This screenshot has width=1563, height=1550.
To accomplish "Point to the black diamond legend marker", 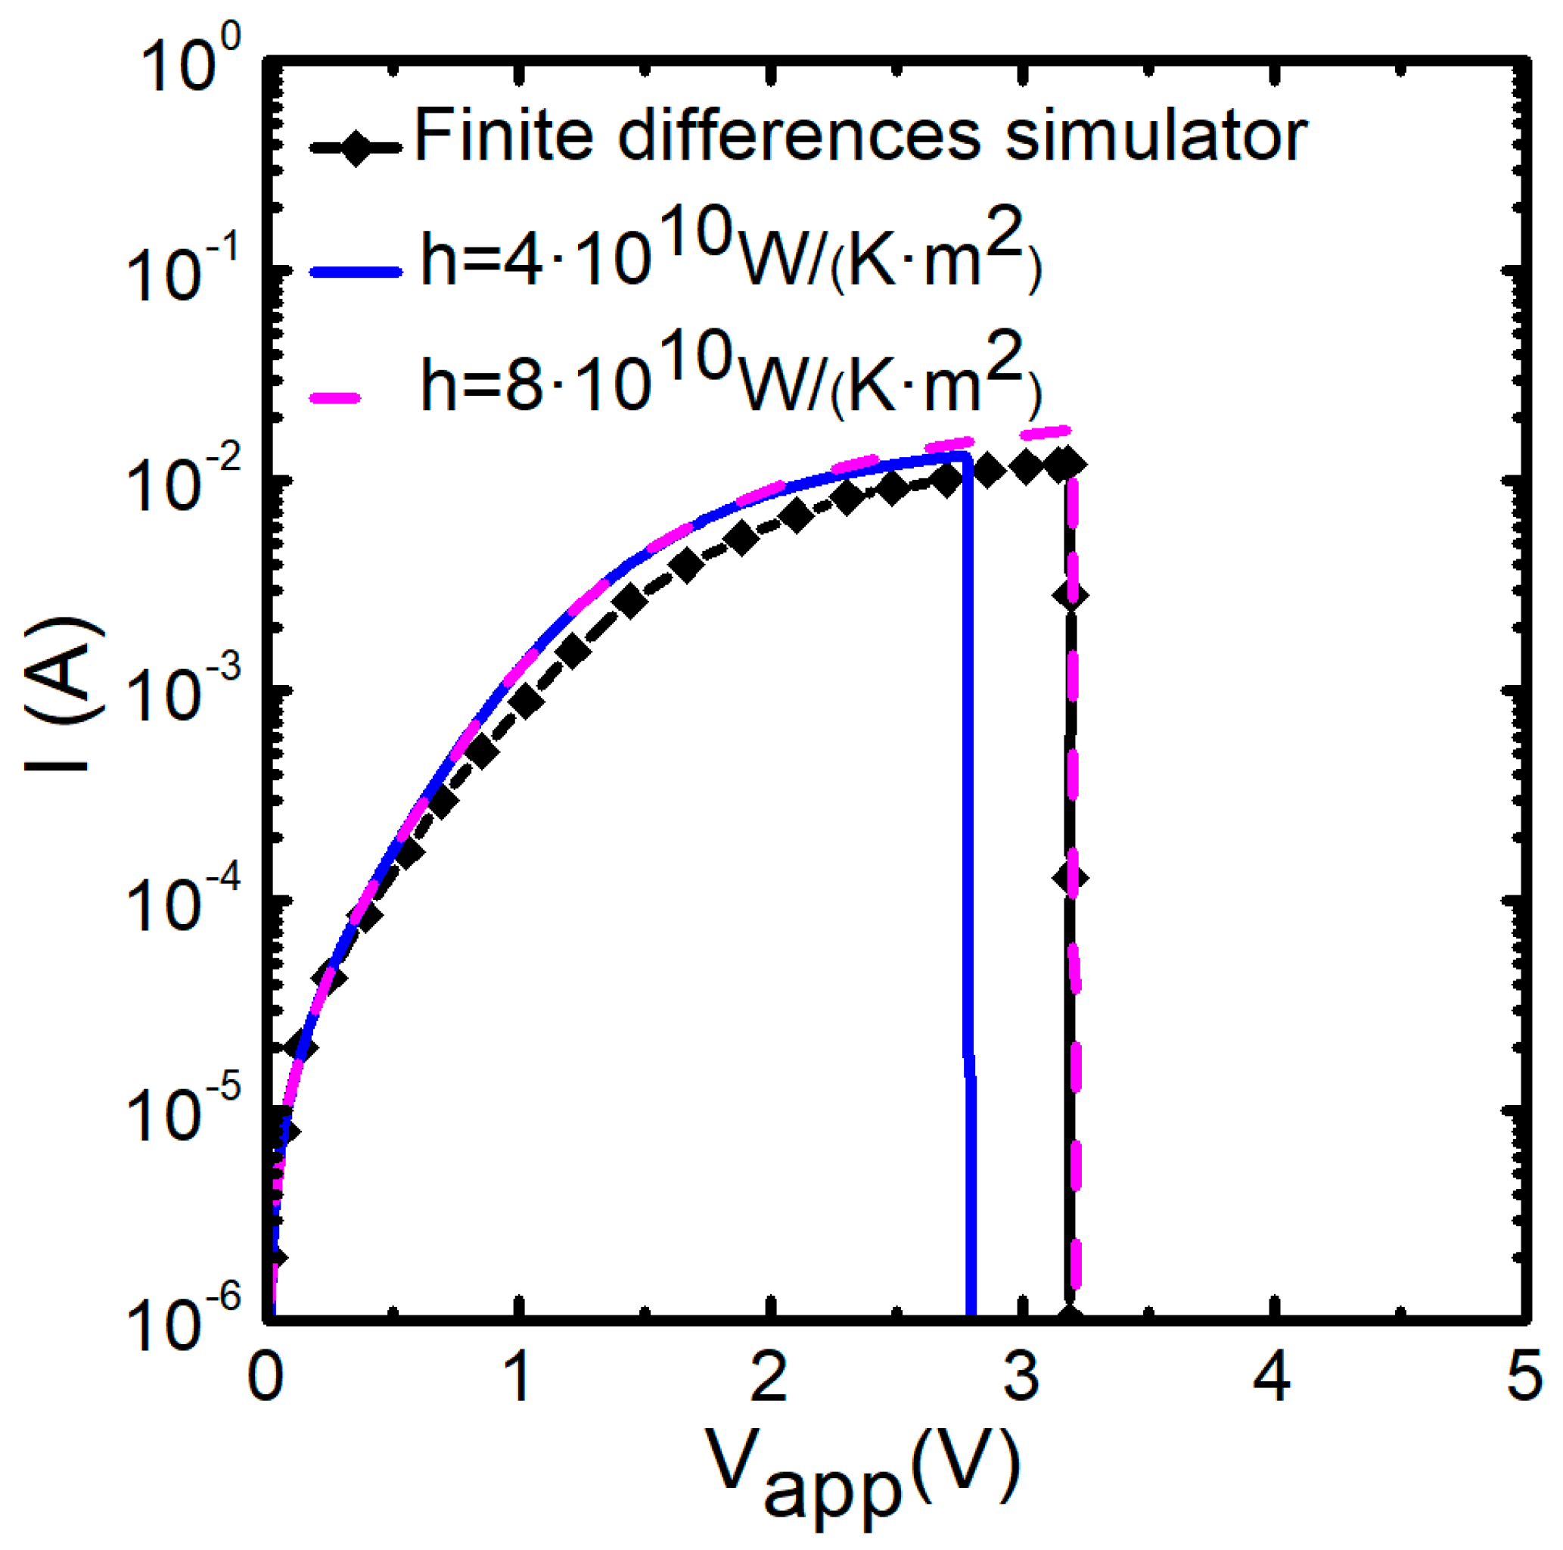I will pyautogui.click(x=356, y=148).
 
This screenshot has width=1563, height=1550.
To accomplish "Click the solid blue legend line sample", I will pyautogui.click(x=356, y=272).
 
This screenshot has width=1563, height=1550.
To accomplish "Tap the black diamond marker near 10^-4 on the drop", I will pyautogui.click(x=1070, y=878).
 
